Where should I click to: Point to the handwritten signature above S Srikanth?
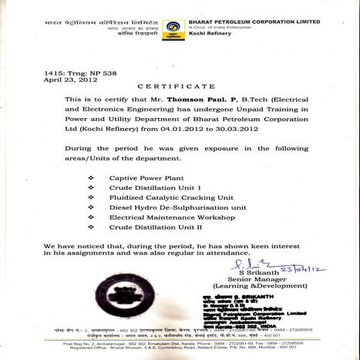point(245,264)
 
